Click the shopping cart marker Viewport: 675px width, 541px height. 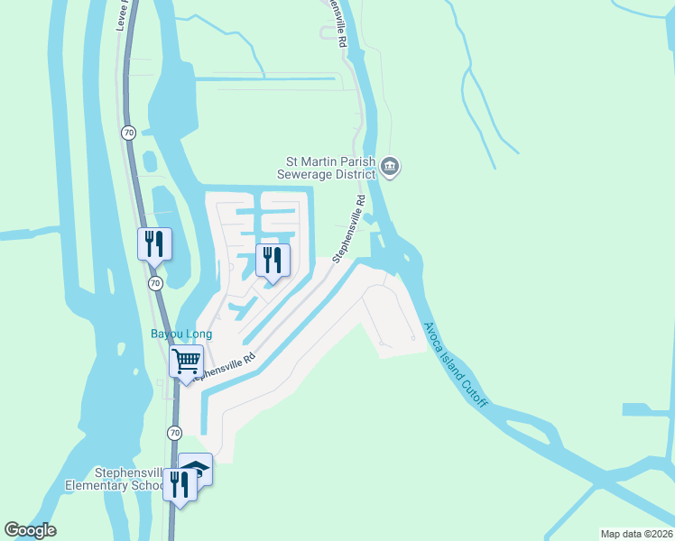click(187, 362)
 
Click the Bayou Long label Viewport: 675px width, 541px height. click(180, 335)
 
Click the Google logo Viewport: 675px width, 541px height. click(30, 530)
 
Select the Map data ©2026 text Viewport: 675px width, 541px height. click(636, 533)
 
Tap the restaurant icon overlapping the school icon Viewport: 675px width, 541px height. click(180, 484)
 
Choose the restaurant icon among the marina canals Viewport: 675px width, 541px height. click(273, 261)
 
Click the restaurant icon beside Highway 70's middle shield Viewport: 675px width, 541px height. click(154, 243)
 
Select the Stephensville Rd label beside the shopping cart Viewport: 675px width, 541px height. click(220, 365)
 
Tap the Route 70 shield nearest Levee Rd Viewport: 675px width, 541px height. click(127, 133)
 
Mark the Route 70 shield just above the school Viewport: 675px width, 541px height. click(174, 433)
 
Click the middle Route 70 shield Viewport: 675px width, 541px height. click(154, 283)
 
